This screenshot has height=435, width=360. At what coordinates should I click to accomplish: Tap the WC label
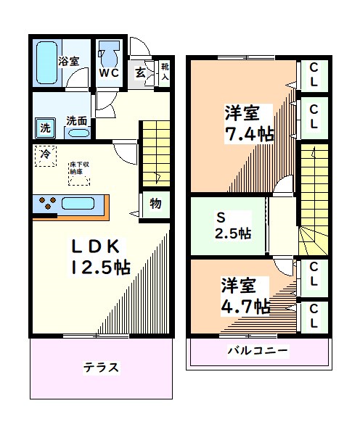click(x=110, y=73)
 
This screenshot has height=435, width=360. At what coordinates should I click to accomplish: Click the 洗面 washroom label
click(x=77, y=120)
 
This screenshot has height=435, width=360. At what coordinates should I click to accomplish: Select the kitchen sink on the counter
click(x=79, y=202)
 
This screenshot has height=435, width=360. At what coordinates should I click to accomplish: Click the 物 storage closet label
click(x=155, y=203)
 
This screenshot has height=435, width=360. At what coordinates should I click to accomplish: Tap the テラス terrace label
click(x=101, y=367)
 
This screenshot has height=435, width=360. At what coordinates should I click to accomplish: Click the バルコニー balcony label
click(x=258, y=352)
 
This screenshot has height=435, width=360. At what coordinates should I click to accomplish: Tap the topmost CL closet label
click(x=314, y=75)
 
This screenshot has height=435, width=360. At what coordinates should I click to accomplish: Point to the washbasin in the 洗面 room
click(x=78, y=133)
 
